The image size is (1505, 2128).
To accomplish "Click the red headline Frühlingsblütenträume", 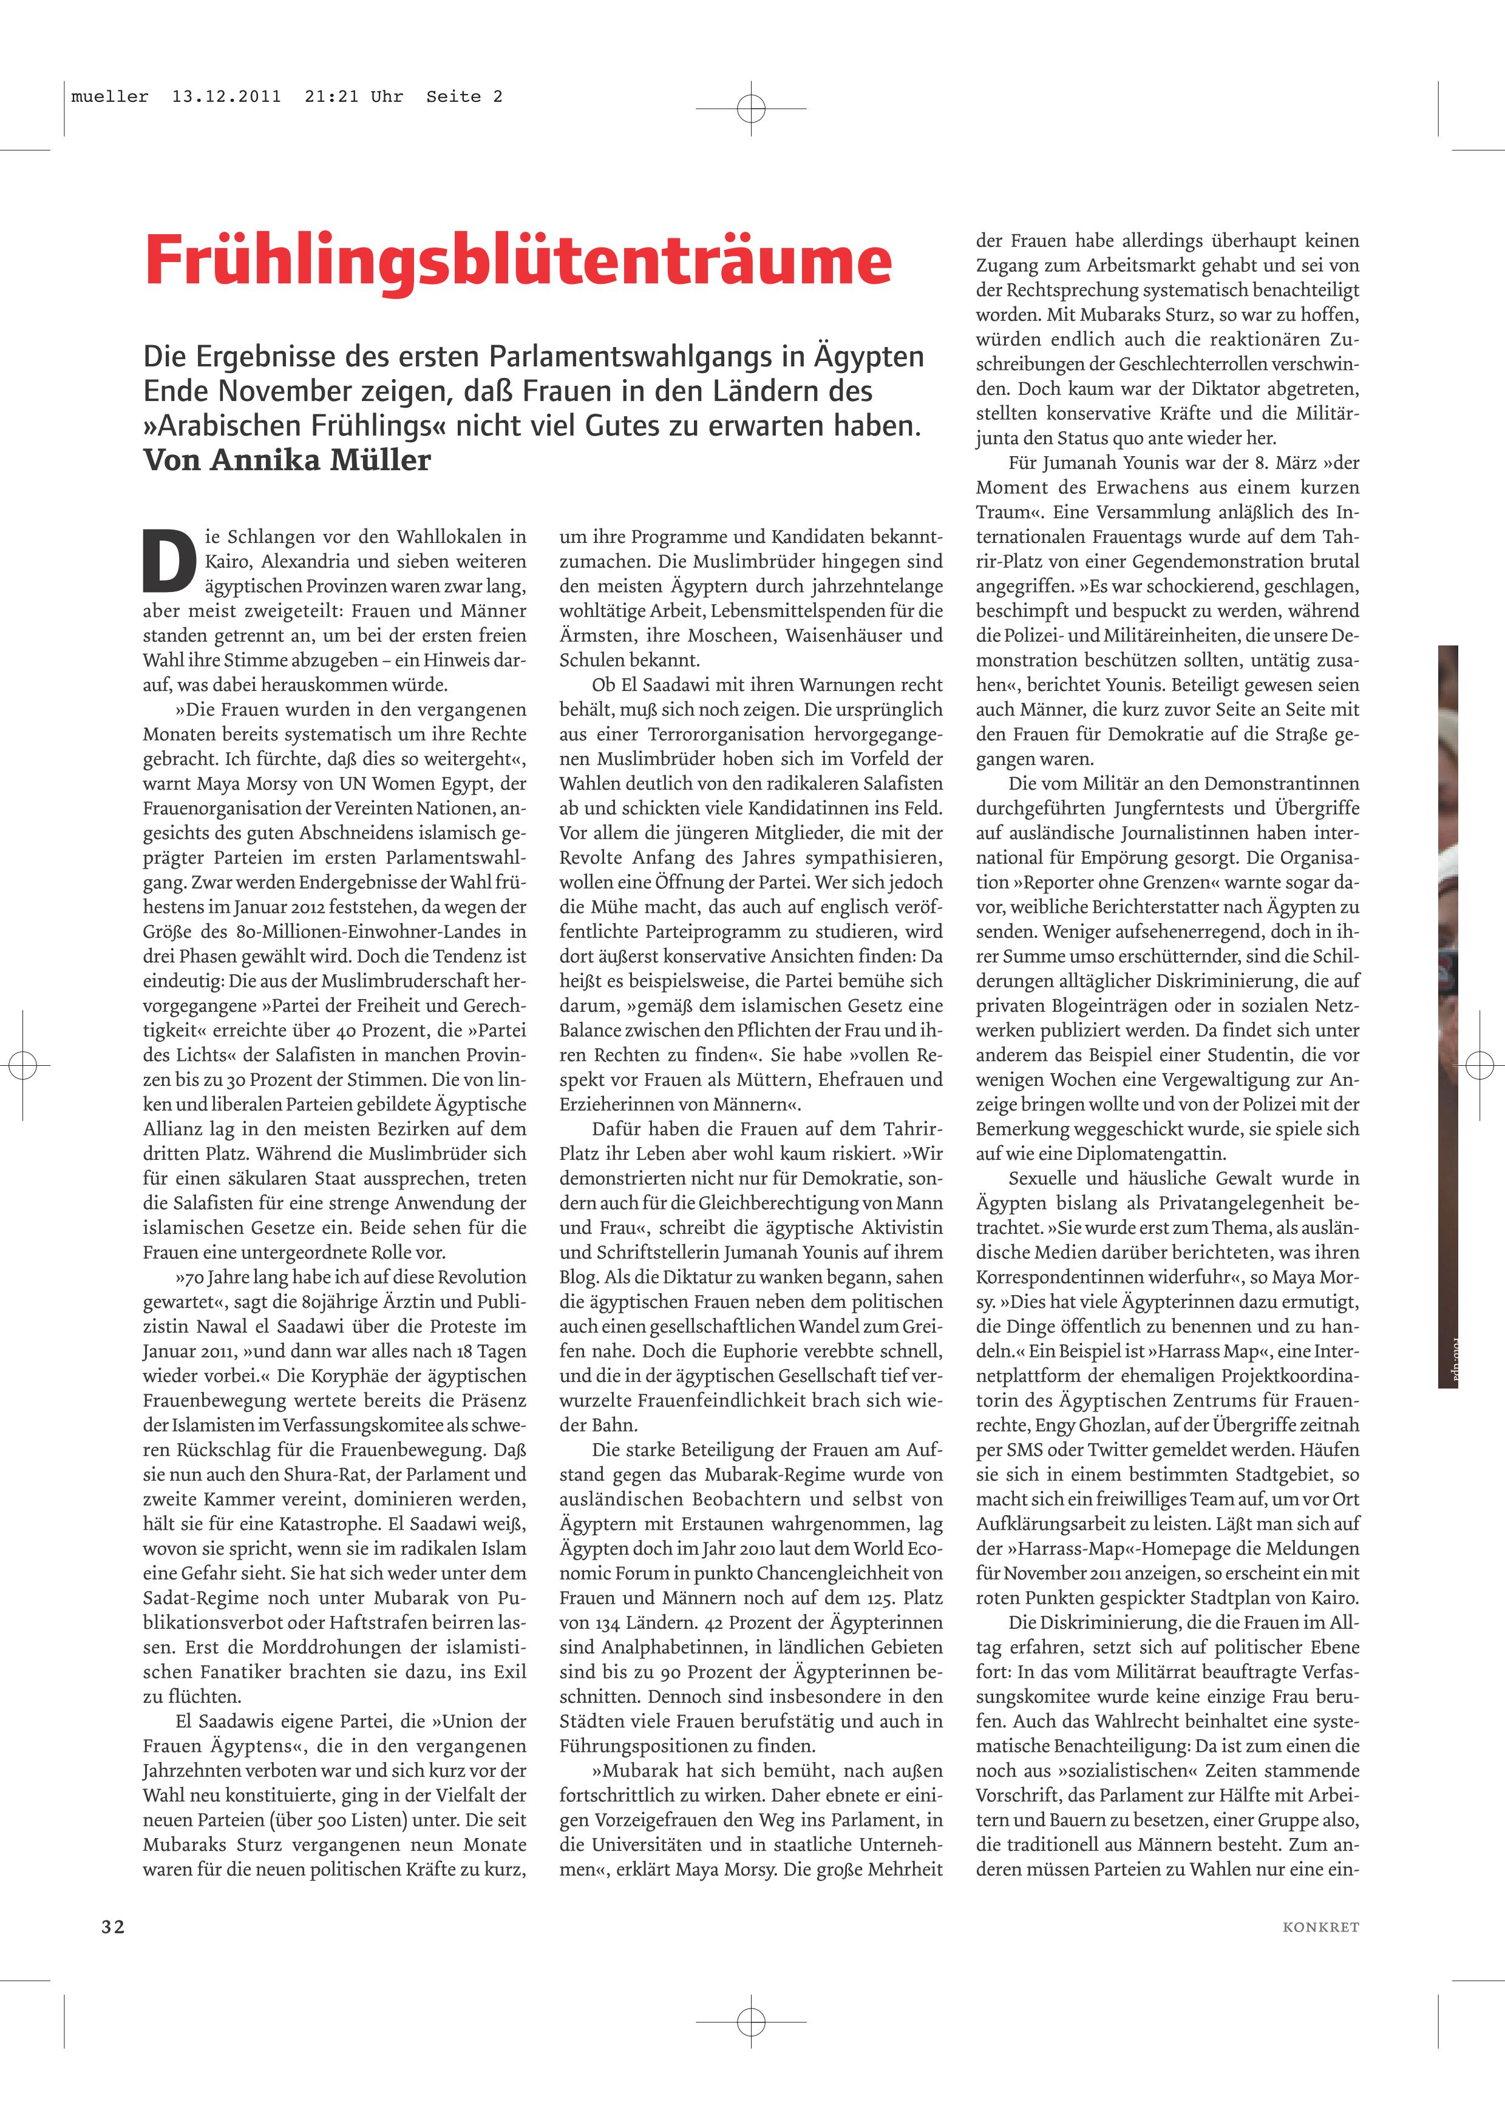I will (x=517, y=260).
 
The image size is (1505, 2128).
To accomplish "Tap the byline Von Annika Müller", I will (x=287, y=460).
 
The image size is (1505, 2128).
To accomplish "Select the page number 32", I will (x=113, y=1927).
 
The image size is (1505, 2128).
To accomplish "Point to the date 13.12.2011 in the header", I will (x=226, y=96).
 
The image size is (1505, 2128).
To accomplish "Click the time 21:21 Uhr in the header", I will (x=353, y=96).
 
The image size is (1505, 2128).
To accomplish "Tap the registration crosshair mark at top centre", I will (x=751, y=109).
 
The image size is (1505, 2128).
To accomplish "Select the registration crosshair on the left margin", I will (x=22, y=1066).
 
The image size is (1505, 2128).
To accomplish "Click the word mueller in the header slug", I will (x=109, y=96).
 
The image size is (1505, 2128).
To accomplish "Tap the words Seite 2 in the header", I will (x=464, y=96).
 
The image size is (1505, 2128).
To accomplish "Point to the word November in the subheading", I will (x=285, y=391).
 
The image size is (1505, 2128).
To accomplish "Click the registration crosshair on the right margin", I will (x=1480, y=1066).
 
